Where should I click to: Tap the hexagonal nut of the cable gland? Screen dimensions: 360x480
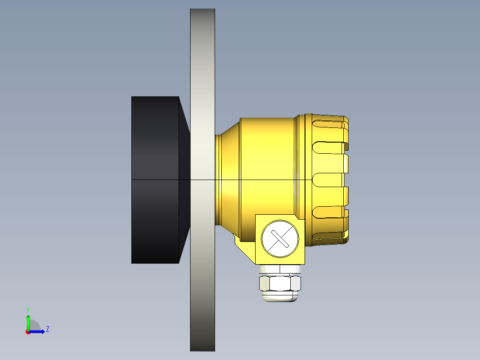pyautogui.click(x=280, y=283)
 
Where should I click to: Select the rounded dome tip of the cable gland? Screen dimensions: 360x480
pyautogui.click(x=280, y=298)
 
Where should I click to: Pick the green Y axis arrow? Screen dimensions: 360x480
pyautogui.click(x=28, y=322)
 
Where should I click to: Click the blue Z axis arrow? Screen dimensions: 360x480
pyautogui.click(x=38, y=331)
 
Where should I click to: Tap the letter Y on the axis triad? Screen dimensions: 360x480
pyautogui.click(x=28, y=309)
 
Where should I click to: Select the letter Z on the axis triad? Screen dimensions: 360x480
pyautogui.click(x=48, y=329)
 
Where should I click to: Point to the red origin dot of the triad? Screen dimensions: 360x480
pyautogui.click(x=28, y=332)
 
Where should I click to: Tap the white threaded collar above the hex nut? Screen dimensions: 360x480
pyautogui.click(x=280, y=269)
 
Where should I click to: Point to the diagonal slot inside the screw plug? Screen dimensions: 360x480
pyautogui.click(x=280, y=238)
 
